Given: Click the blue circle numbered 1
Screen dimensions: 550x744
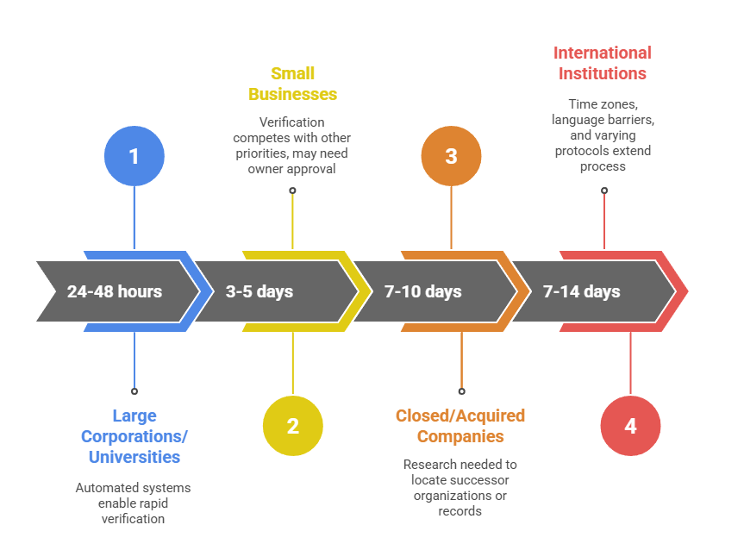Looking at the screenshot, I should (134, 156).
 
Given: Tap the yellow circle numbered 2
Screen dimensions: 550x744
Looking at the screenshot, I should (292, 426).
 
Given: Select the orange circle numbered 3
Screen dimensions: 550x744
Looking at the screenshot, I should (451, 156).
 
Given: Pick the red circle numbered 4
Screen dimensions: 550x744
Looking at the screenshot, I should (630, 426).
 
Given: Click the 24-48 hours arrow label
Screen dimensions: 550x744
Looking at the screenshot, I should (115, 291).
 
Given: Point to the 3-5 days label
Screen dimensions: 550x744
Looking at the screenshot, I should (259, 291).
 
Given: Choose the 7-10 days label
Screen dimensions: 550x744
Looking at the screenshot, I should (422, 291).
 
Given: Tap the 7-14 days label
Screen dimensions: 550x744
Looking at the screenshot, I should (582, 291).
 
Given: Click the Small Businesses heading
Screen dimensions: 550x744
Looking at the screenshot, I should (292, 84).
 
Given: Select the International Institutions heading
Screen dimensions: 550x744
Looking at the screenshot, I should (603, 63).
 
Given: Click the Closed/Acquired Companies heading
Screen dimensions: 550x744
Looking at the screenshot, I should (460, 426).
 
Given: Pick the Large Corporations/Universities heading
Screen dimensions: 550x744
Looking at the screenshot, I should (134, 436).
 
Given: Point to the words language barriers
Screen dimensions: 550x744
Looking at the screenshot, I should (603, 119).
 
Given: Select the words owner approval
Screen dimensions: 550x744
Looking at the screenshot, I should (292, 169).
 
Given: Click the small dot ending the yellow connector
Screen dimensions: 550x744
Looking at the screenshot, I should (292, 191).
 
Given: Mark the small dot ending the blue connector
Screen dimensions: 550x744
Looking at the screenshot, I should (134, 391).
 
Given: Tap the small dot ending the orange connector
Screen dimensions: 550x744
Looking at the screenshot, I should (461, 391).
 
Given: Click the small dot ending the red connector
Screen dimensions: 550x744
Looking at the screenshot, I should (603, 191).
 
